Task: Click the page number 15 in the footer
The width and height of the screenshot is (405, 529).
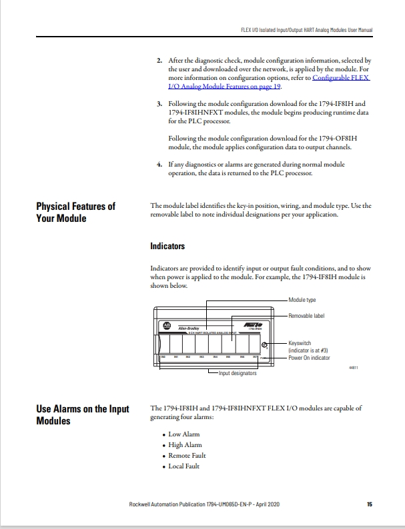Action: pyautogui.click(x=369, y=504)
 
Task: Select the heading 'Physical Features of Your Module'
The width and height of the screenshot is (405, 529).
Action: pyautogui.click(x=75, y=212)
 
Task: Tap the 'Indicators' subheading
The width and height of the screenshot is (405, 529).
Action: pyautogui.click(x=167, y=247)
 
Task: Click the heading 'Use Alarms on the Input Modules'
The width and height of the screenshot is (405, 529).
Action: pyautogui.click(x=82, y=414)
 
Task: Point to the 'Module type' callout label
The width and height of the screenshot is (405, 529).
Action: pyautogui.click(x=302, y=300)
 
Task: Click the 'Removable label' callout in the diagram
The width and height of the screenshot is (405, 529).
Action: pyautogui.click(x=306, y=314)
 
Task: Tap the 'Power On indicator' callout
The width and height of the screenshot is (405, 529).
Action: pyautogui.click(x=309, y=358)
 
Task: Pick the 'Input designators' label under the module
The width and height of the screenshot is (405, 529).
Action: pyautogui.click(x=238, y=373)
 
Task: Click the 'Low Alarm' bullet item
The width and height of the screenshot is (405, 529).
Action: pyautogui.click(x=183, y=434)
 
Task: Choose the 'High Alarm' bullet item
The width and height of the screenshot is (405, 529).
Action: pyautogui.click(x=185, y=445)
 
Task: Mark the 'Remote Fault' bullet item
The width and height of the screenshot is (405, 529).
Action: pyautogui.click(x=187, y=456)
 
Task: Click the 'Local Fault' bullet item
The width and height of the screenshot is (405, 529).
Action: pyautogui.click(x=183, y=466)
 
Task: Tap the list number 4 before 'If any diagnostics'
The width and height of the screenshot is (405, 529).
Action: pyautogui.click(x=159, y=163)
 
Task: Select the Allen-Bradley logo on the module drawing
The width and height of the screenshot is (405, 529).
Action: pyautogui.click(x=167, y=326)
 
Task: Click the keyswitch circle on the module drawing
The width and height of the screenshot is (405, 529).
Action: pyautogui.click(x=265, y=345)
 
